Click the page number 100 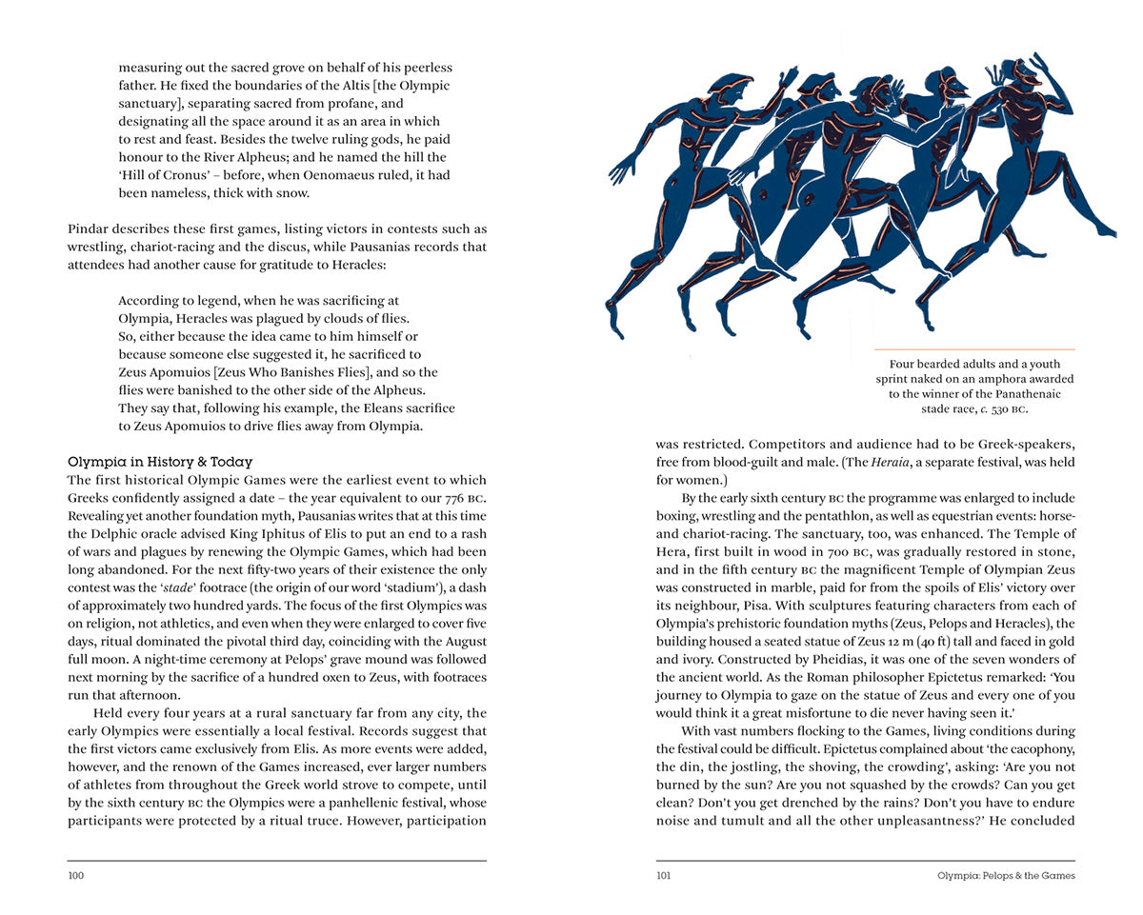pos(76,876)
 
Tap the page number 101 pos(665,876)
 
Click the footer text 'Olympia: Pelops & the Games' pos(1006,876)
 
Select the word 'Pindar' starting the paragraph pos(87,229)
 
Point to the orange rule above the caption pos(974,349)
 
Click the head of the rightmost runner pos(1025,73)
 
